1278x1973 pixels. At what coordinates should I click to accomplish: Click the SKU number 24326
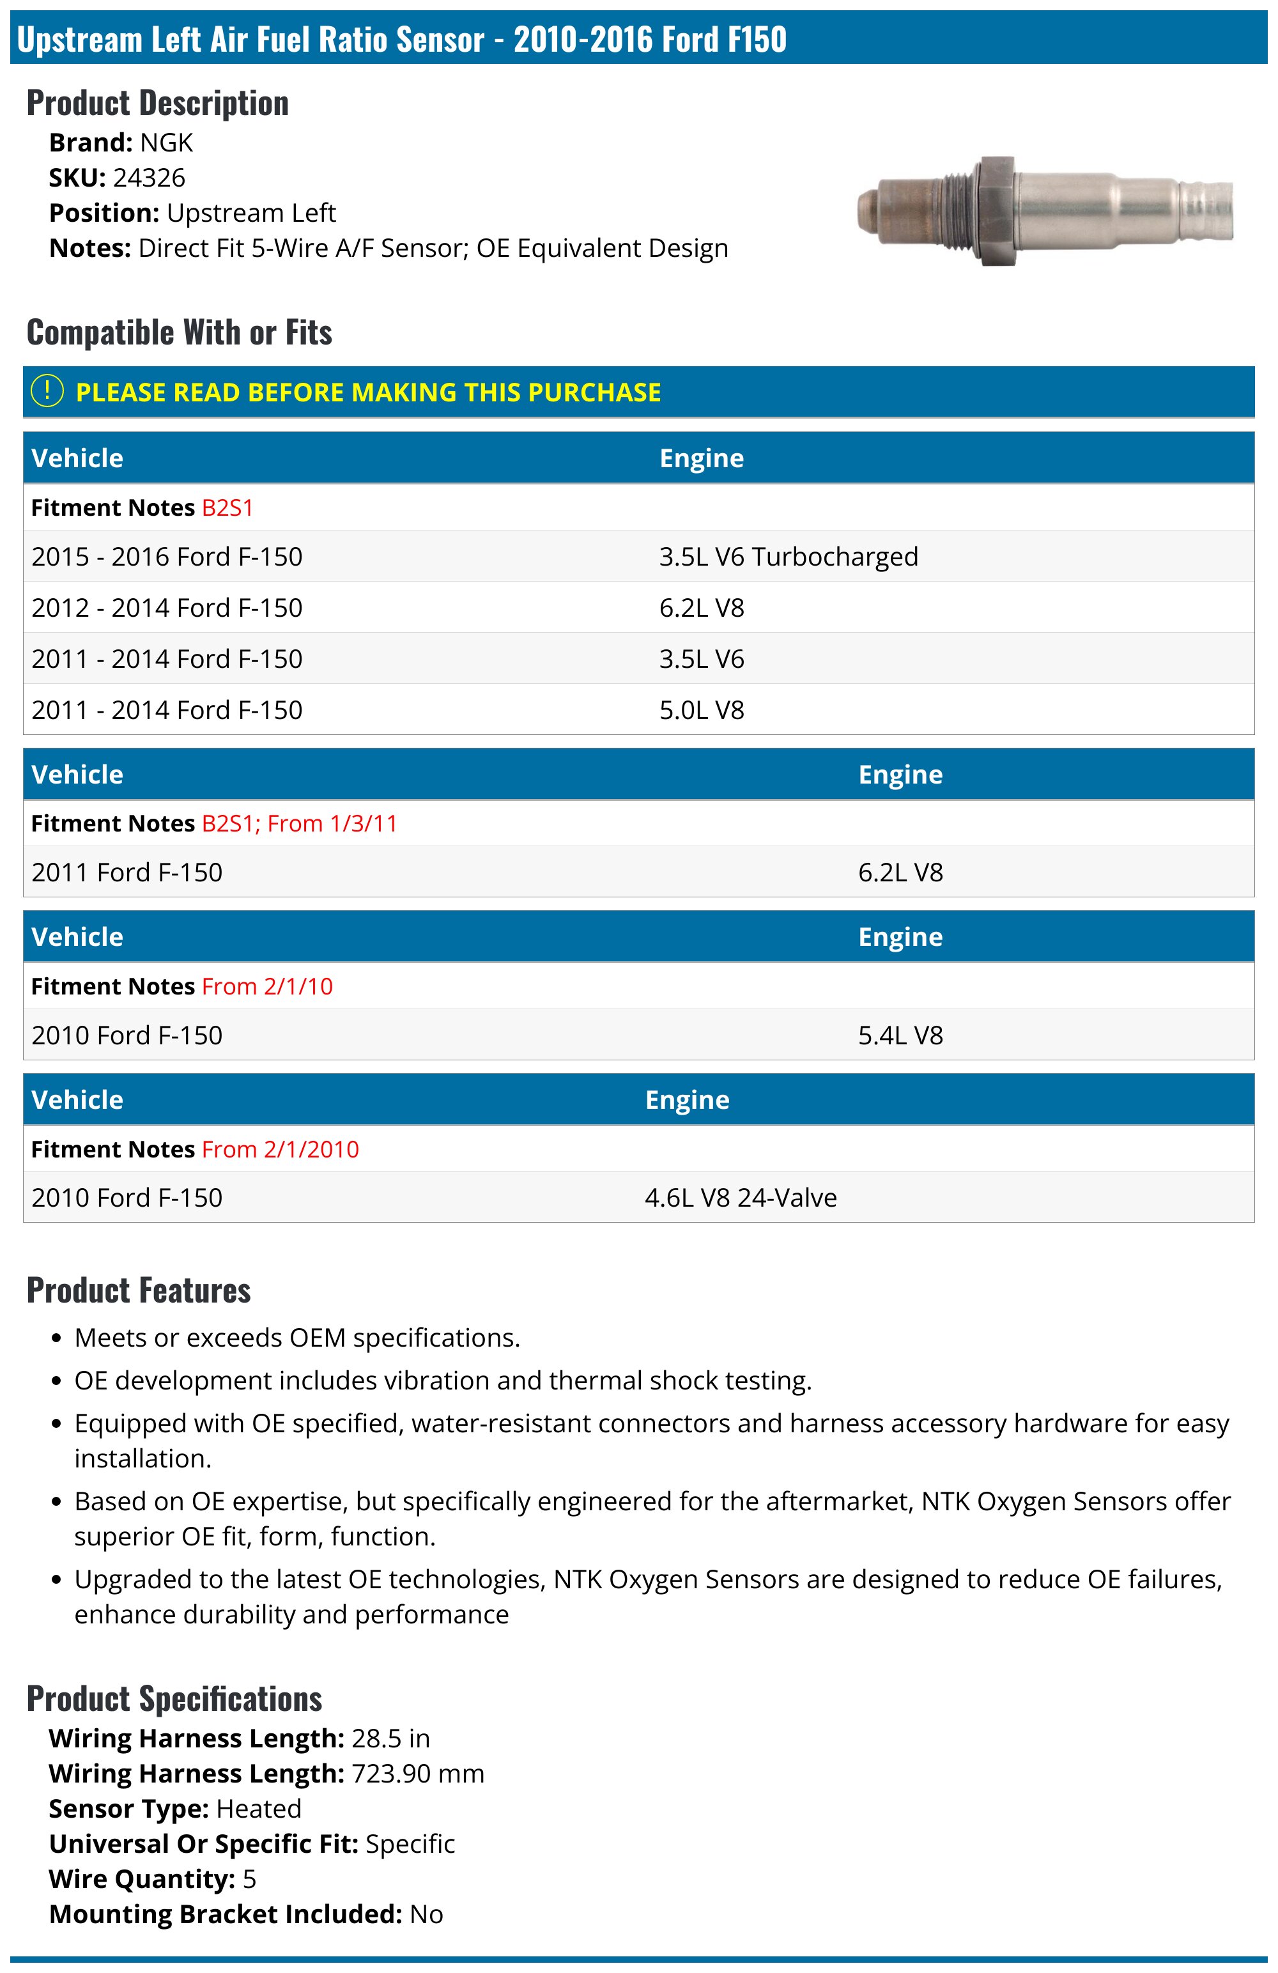point(149,178)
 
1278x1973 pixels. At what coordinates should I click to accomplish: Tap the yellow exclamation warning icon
point(47,391)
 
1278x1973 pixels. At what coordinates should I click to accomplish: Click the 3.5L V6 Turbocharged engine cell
point(788,556)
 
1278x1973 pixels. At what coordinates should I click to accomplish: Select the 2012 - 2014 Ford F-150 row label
point(167,608)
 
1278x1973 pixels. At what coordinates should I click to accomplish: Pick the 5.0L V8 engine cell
point(701,709)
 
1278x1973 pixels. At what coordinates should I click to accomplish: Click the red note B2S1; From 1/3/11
point(299,823)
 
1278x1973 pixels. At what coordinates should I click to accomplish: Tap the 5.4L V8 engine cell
point(900,1035)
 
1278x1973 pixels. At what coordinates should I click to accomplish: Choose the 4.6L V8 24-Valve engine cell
point(740,1197)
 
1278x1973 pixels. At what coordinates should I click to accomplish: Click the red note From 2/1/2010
point(280,1149)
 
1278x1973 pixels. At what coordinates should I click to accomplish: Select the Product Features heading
point(139,1290)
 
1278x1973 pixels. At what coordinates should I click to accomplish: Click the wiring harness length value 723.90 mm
point(418,1773)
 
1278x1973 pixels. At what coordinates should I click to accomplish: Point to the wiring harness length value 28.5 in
point(390,1738)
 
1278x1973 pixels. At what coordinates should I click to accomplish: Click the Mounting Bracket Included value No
point(426,1914)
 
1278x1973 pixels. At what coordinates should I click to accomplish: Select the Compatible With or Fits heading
point(179,332)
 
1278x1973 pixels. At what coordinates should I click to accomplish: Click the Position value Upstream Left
point(251,213)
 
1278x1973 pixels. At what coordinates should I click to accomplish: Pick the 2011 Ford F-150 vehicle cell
point(127,872)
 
